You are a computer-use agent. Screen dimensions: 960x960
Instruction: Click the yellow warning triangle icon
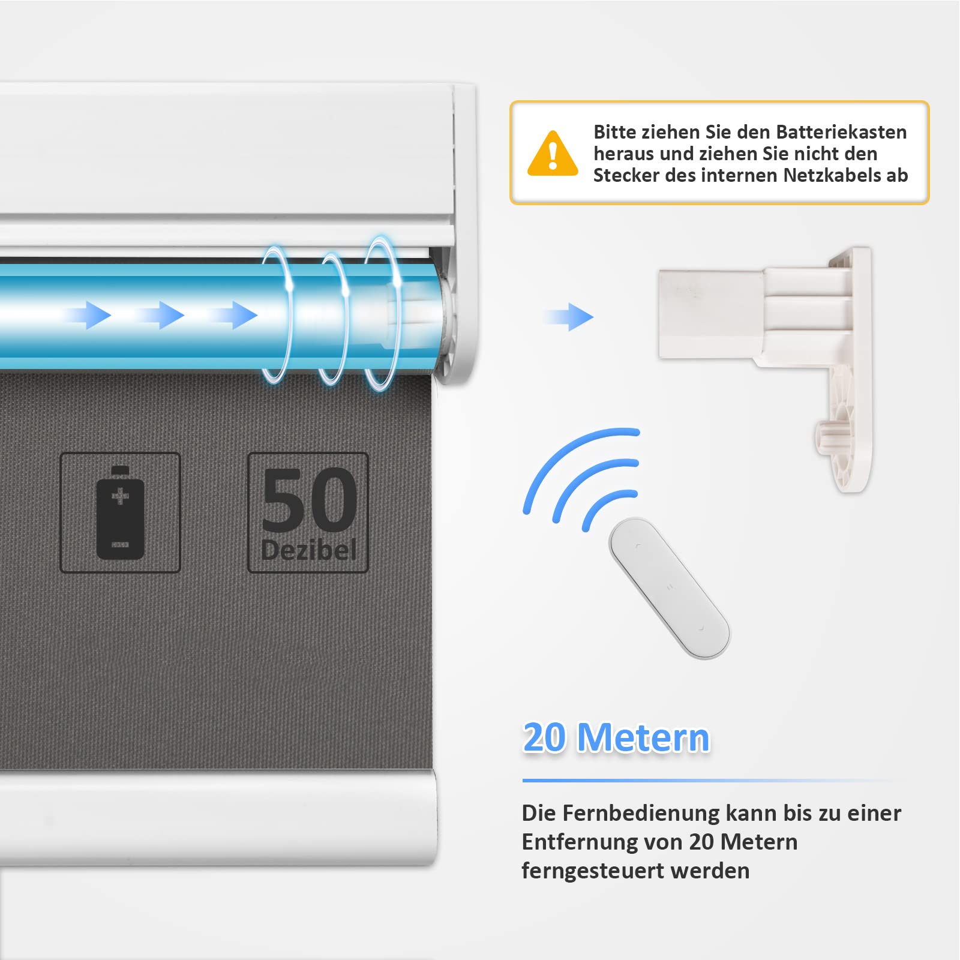tap(553, 154)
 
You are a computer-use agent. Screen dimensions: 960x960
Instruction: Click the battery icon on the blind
tap(120, 512)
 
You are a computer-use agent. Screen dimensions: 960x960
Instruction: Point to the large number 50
tap(309, 500)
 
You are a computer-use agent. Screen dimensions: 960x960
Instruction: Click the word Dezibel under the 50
tap(309, 550)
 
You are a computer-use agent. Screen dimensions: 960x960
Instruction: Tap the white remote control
tap(669, 588)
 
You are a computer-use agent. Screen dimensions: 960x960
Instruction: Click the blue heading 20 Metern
tap(616, 737)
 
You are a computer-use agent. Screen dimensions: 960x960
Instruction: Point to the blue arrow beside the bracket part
tap(568, 317)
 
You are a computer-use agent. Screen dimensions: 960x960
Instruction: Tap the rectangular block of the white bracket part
tap(711, 314)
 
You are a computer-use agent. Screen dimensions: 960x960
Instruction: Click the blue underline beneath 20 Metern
tap(708, 781)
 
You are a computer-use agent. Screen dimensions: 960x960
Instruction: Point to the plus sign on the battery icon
tap(120, 496)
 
